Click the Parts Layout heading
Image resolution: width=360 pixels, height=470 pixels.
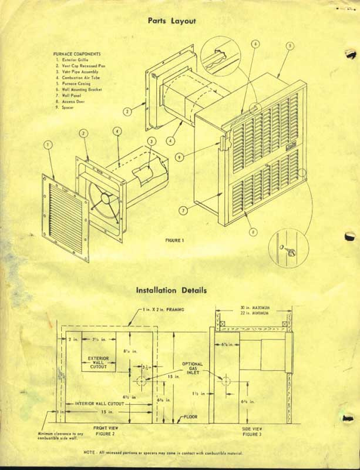tap(171, 21)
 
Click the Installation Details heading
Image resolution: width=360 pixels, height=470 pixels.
tap(171, 290)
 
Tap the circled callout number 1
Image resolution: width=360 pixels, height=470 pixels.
tap(48, 144)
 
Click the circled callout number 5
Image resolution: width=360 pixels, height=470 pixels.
tap(290, 46)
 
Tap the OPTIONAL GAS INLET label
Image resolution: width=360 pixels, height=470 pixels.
tap(192, 371)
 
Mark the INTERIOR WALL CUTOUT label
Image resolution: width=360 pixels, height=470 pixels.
tap(98, 404)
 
